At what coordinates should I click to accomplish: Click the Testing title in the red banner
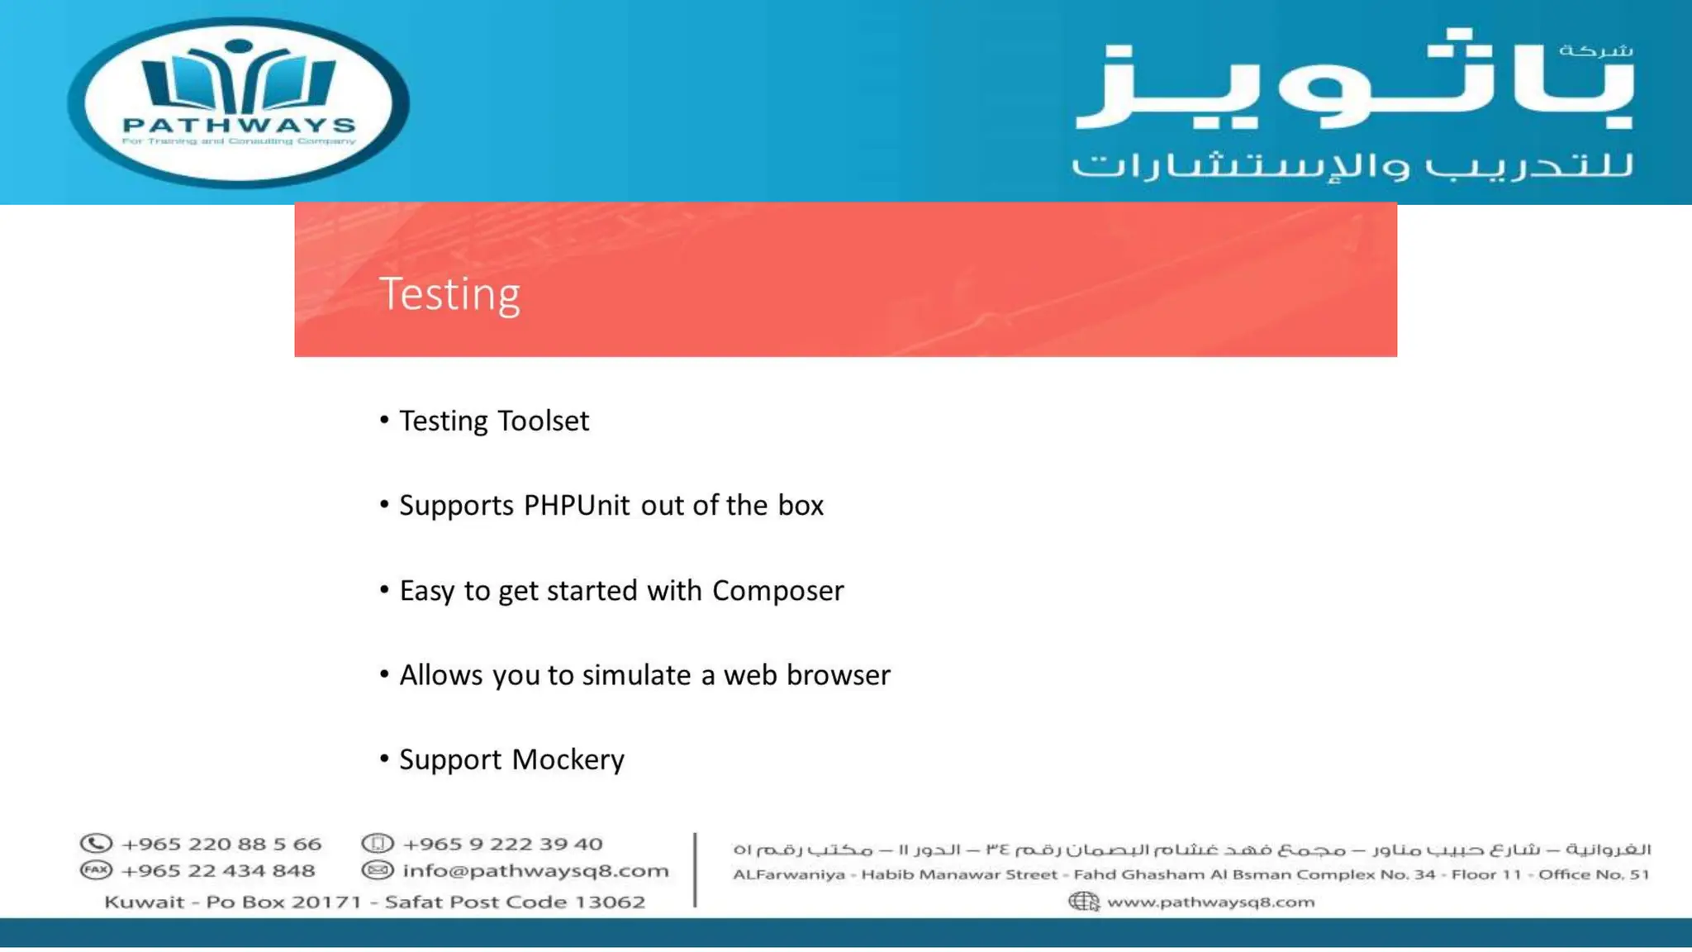pos(449,294)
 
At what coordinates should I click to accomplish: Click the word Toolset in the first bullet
pos(543,421)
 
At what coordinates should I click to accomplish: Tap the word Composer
pos(777,591)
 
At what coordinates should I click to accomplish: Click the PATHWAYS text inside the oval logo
pos(239,125)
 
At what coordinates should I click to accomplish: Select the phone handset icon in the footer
pos(96,844)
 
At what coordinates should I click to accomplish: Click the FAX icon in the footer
pos(96,870)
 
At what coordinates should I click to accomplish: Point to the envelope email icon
pos(377,870)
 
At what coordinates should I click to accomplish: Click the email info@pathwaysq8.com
pos(535,871)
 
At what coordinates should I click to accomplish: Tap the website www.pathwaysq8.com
pos(1210,902)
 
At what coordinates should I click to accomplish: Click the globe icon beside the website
pos(1083,902)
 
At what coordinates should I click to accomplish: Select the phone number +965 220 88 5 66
pos(221,845)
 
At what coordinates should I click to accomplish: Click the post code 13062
pos(610,902)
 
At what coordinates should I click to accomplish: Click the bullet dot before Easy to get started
pos(384,589)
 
